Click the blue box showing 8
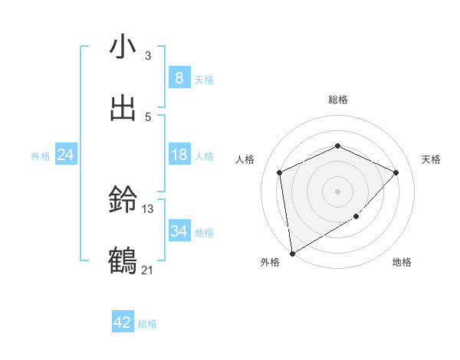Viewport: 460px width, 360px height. [179, 77]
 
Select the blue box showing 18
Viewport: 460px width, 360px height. [179, 155]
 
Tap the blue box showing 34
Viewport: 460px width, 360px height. [179, 231]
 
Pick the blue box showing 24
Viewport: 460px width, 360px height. [65, 155]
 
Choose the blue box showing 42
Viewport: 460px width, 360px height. [123, 322]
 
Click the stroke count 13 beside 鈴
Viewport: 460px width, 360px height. [148, 208]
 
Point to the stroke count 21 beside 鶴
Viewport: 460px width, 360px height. [147, 270]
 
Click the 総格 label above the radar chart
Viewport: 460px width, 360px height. [337, 100]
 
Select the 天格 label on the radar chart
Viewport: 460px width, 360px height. [431, 159]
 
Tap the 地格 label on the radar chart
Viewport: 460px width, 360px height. [402, 263]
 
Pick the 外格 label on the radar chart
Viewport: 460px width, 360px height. [270, 263]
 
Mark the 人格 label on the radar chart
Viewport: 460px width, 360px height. [245, 159]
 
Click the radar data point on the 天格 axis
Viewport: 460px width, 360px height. [396, 172]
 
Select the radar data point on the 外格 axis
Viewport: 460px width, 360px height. [292, 253]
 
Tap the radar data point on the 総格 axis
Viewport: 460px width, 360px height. [337, 146]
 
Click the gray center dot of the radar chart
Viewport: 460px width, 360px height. [337, 191]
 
